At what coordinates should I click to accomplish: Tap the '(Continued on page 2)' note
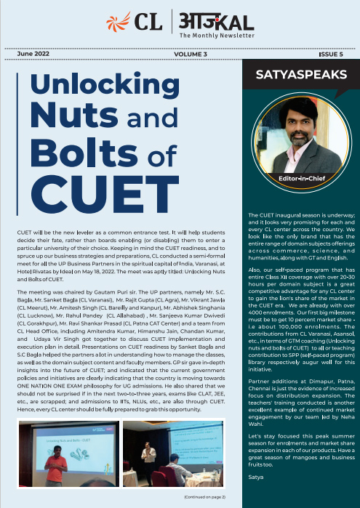tap(204, 496)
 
